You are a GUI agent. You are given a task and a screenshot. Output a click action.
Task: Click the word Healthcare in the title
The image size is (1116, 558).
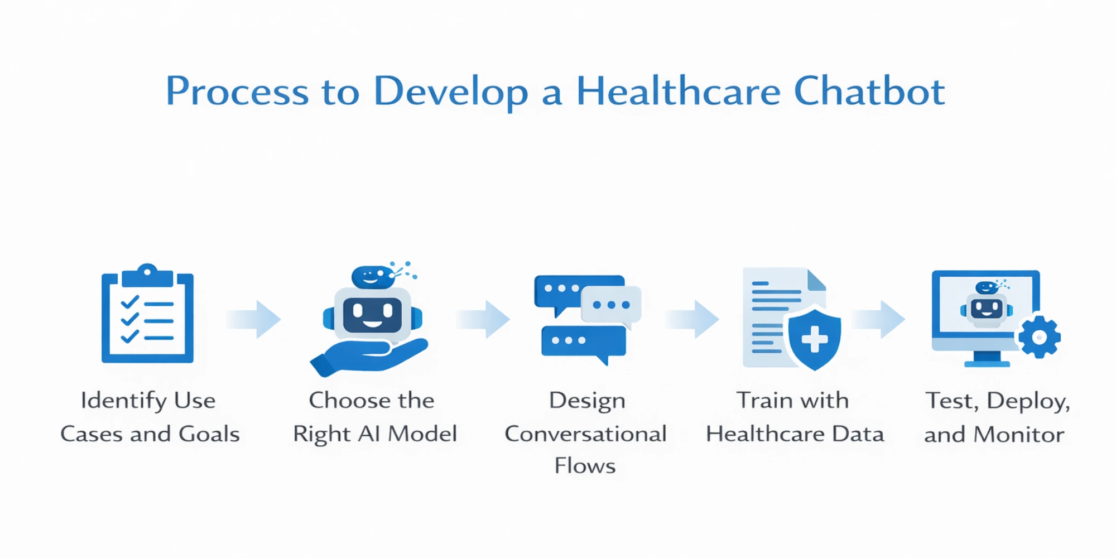tap(678, 91)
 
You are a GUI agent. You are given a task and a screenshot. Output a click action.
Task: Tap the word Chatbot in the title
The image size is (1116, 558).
tap(869, 91)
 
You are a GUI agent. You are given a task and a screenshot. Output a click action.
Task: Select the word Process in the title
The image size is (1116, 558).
tap(237, 91)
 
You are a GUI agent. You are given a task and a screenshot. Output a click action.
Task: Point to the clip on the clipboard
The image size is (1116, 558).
tap(147, 275)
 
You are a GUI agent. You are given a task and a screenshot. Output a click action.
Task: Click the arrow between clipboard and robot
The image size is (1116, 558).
tap(253, 319)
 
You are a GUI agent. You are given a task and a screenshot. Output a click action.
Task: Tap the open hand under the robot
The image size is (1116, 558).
tap(368, 356)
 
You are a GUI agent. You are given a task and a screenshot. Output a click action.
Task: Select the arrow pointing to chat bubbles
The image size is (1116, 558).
tap(483, 319)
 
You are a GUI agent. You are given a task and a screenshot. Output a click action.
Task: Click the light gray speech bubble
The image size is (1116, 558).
tap(611, 306)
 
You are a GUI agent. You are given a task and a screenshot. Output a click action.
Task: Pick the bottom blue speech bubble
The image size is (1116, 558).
tap(584, 343)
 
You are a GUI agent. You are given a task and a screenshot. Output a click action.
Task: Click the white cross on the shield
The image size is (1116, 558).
tap(815, 339)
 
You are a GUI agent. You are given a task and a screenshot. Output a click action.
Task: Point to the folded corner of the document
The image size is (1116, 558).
tap(816, 280)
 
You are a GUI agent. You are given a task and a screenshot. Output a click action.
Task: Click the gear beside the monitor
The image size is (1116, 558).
tap(1039, 337)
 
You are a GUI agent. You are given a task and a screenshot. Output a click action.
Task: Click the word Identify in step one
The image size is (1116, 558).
tap(124, 401)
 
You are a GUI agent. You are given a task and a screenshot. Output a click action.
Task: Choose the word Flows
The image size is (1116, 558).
tap(585, 465)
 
